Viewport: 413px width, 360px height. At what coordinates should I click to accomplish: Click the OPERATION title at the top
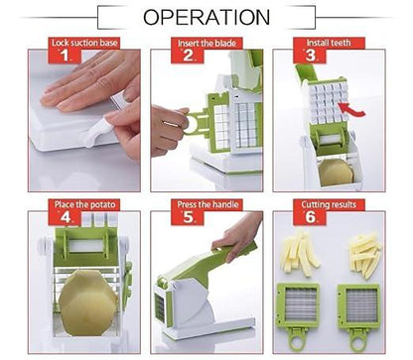click(206, 17)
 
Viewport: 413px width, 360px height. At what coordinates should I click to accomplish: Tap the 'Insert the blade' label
click(206, 44)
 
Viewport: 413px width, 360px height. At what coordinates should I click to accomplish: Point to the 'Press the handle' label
click(206, 205)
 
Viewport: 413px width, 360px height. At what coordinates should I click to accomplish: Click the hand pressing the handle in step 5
click(239, 236)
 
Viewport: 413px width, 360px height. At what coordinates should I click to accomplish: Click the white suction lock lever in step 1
click(96, 131)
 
